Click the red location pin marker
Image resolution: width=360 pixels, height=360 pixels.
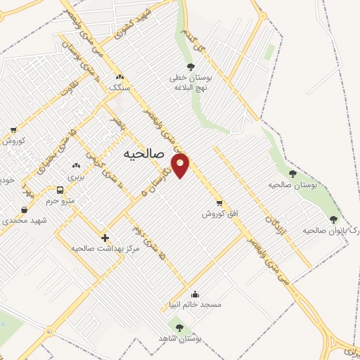182,166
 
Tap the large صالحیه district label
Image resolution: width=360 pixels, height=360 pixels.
143,153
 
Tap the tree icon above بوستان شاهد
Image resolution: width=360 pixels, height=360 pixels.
179,328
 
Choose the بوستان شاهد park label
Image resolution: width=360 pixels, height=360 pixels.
186,338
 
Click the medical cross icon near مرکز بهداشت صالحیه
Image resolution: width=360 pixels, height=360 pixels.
105,238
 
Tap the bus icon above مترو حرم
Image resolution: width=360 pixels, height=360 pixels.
60,191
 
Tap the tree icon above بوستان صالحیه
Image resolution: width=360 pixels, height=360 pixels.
292,174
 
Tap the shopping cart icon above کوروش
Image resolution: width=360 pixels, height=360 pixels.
13,130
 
